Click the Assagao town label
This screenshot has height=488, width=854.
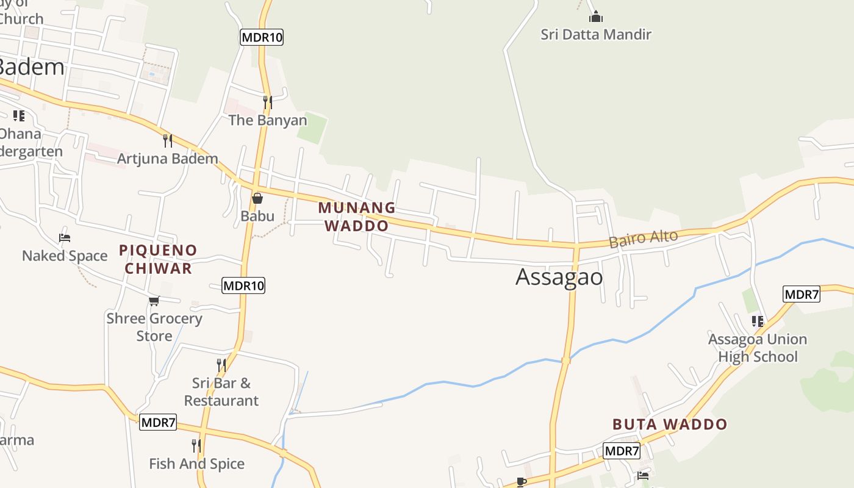[559, 277]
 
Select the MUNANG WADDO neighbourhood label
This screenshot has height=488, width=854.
[356, 217]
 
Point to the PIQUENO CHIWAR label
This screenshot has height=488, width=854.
[158, 259]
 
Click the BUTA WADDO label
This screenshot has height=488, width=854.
[670, 424]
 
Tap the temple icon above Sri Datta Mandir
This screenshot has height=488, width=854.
[595, 16]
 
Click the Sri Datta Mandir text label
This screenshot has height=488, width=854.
[595, 34]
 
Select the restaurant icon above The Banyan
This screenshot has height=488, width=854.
[267, 101]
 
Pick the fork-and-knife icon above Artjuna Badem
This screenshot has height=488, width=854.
[168, 141]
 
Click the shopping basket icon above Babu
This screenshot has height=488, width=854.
[257, 198]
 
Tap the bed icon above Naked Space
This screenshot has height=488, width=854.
[65, 237]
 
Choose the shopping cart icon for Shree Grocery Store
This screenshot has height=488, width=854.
[154, 301]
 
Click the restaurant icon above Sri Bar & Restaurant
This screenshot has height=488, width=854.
[221, 365]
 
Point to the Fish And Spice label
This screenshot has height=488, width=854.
[196, 464]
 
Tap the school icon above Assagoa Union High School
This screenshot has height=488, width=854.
[757, 321]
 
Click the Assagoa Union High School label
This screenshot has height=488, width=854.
[757, 348]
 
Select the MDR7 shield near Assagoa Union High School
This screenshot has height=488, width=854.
[801, 295]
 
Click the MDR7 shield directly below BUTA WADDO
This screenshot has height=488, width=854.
[622, 451]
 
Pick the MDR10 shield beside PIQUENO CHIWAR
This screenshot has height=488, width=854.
[243, 285]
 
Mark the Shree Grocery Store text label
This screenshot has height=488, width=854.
[154, 327]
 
